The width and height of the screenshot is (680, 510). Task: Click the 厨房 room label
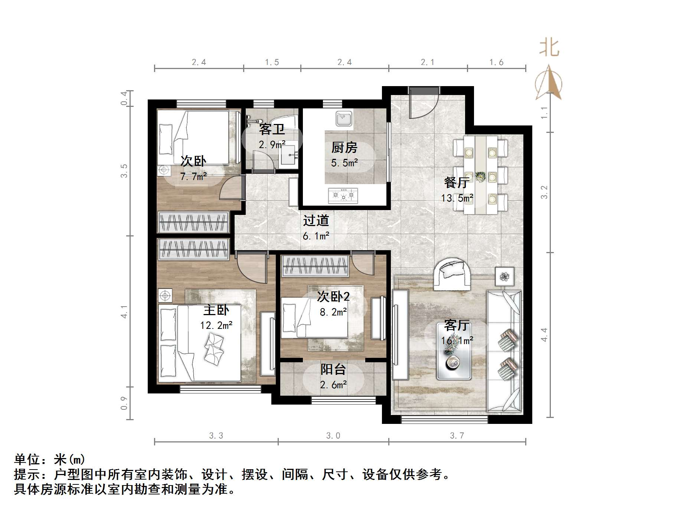click(344, 148)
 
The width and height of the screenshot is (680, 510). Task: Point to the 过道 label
click(316, 220)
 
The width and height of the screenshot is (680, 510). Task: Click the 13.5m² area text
click(457, 198)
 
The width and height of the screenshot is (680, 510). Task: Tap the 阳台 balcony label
click(333, 369)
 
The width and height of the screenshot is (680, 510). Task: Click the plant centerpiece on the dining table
click(480, 177)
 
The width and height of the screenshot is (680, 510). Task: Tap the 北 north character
click(549, 48)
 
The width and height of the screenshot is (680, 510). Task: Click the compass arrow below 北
click(549, 83)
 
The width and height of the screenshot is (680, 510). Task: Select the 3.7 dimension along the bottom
click(457, 436)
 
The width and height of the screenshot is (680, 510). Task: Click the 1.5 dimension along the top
click(272, 62)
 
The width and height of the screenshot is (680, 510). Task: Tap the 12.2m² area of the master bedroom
click(216, 326)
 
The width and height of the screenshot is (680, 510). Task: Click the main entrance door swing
click(423, 106)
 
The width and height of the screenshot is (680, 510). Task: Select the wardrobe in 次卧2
click(315, 266)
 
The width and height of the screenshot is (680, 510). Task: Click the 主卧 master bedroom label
click(216, 310)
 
